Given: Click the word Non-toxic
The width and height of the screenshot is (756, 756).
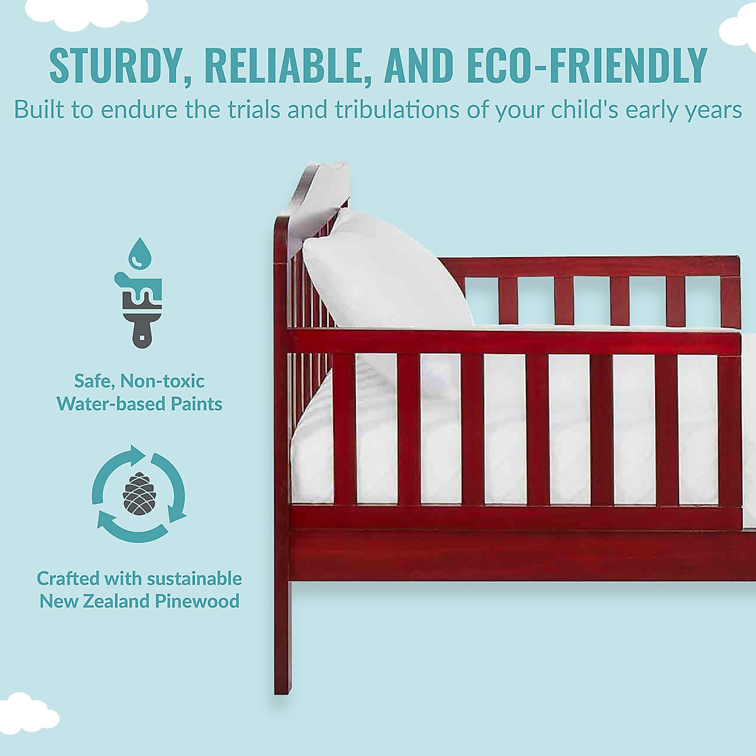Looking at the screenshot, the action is (162, 381).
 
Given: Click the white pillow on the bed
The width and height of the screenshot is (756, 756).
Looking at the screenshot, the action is (387, 271).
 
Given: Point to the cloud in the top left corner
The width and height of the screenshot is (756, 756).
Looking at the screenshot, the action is (86, 12).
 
